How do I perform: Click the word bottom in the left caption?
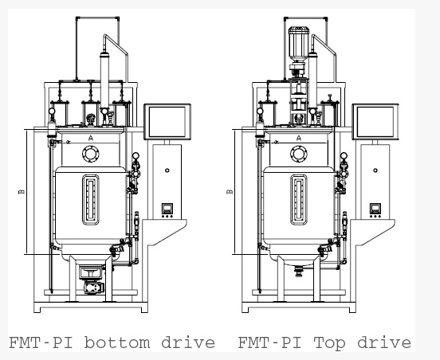pyautogui.click(x=117, y=342)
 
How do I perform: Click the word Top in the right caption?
pyautogui.click(x=329, y=343)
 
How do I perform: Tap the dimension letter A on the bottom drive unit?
pyautogui.click(x=90, y=138)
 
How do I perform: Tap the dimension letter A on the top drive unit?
pyautogui.click(x=299, y=138)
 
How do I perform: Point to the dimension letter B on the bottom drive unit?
pyautogui.click(x=22, y=192)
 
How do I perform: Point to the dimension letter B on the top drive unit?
pyautogui.click(x=230, y=192)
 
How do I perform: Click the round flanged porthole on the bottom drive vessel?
pyautogui.click(x=91, y=154)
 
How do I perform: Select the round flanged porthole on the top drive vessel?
pyautogui.click(x=299, y=154)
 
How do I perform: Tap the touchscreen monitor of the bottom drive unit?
pyautogui.click(x=167, y=122)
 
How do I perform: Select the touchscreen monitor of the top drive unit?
pyautogui.click(x=375, y=122)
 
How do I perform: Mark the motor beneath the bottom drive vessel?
pyautogui.click(x=93, y=288)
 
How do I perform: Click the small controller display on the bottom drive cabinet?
pyautogui.click(x=167, y=209)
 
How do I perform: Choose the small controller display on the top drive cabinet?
pyautogui.click(x=375, y=209)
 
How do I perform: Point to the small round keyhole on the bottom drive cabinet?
pyautogui.click(x=167, y=170)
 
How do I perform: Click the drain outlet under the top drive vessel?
pyautogui.click(x=299, y=271)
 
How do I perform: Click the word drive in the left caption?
pyautogui.click(x=188, y=342)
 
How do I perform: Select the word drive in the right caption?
pyautogui.click(x=384, y=342)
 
